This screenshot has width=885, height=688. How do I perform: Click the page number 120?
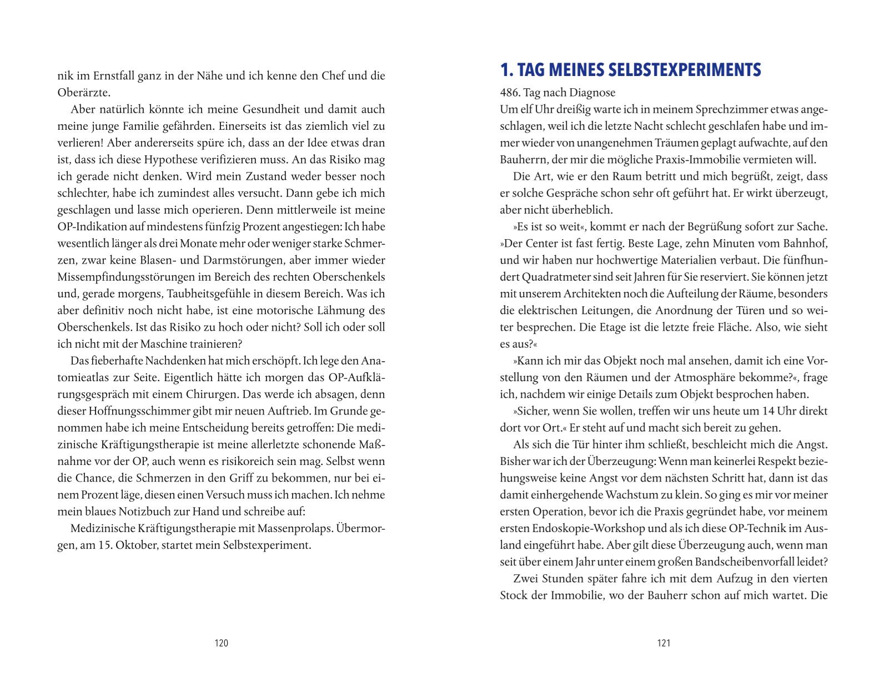click(x=221, y=643)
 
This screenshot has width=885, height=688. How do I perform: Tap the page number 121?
click(x=663, y=643)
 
